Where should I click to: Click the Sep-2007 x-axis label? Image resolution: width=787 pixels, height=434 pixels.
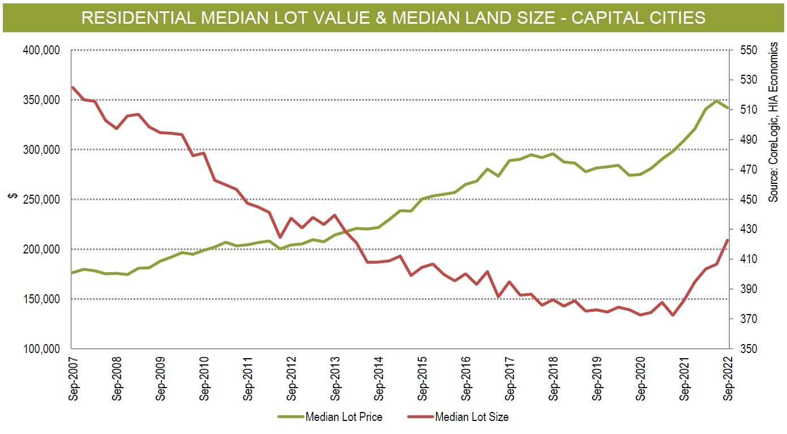point(72,379)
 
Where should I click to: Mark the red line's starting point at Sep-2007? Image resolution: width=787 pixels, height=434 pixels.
point(72,87)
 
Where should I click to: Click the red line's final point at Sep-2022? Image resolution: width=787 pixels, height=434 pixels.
point(728,240)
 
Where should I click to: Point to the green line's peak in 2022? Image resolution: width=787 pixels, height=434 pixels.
point(717,101)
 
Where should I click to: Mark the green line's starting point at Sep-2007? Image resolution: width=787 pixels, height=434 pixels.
point(72,272)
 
